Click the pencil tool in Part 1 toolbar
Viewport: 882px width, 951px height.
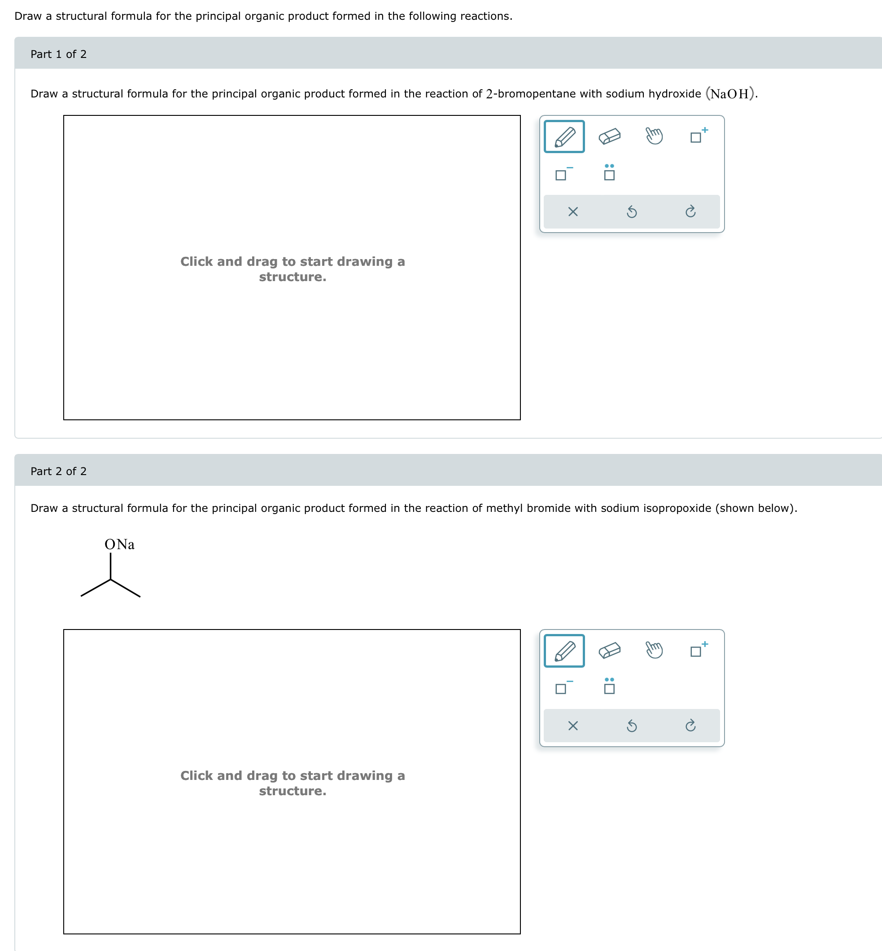564,136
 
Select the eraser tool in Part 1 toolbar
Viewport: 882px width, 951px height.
610,136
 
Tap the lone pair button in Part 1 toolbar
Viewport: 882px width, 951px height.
609,172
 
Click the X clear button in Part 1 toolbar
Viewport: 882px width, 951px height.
573,211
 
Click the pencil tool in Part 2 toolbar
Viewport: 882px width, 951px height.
564,651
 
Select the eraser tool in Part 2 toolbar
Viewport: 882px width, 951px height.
610,651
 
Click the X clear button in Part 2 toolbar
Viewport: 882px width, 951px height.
573,726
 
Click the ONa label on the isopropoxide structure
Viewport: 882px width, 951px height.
119,545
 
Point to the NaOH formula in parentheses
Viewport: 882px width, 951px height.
730,94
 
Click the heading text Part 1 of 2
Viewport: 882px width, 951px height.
58,54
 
